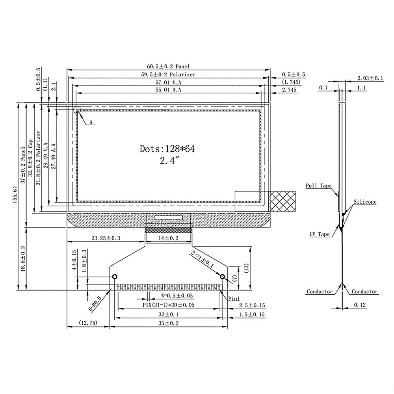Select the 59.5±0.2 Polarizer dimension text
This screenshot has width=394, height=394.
[x=168, y=74]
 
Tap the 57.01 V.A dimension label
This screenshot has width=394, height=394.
[x=168, y=82]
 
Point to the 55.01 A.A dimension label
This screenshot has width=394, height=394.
[x=168, y=90]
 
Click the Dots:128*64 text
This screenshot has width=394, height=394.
[x=167, y=149]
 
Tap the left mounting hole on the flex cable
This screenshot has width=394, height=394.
[x=115, y=276]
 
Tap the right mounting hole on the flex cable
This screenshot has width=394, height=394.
[x=222, y=276]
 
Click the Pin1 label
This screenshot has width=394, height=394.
[x=234, y=299]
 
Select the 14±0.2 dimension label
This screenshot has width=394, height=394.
[x=168, y=238]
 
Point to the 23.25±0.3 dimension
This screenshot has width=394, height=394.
[x=106, y=238]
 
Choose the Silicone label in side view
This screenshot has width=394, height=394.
[x=364, y=202]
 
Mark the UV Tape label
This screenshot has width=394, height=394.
[x=319, y=234]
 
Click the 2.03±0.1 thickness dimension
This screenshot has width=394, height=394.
[x=370, y=78]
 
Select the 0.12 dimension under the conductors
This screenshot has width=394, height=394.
[x=360, y=305]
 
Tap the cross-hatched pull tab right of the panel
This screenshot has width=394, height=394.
[x=283, y=202]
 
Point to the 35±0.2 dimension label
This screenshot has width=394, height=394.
[x=168, y=323]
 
